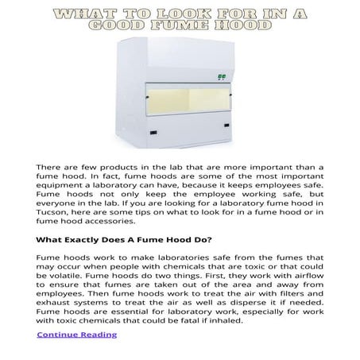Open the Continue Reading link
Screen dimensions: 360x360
coord(76,335)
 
